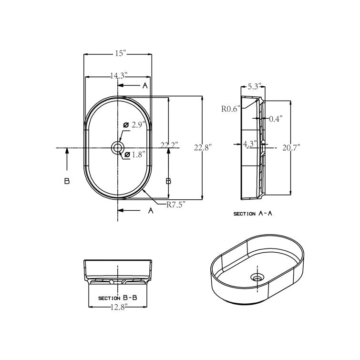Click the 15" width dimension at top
tap(120, 54)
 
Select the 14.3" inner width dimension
tap(119, 75)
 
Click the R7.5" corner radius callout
tap(175, 205)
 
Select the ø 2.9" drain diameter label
tap(134, 125)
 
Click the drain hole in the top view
tap(117, 148)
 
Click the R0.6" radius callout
tap(230, 108)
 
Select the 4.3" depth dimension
tap(250, 143)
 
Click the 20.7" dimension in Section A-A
tap(290, 148)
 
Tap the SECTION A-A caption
tap(253, 214)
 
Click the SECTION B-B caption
tap(118, 298)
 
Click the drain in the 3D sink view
tap(257, 277)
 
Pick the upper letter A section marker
tap(144, 85)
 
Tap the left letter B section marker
tap(67, 181)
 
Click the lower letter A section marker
tap(151, 210)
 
